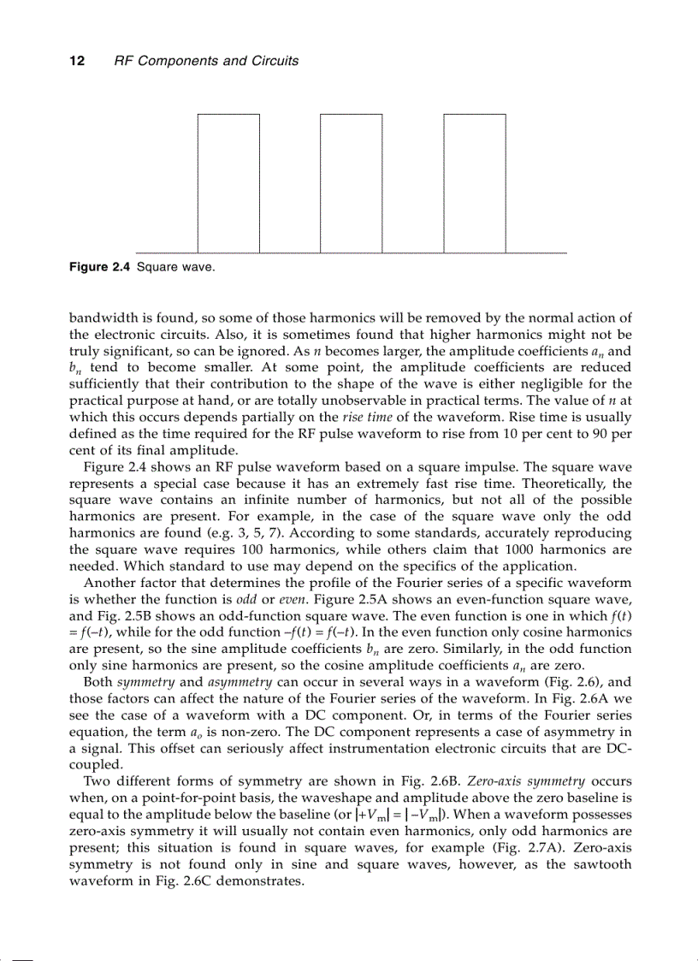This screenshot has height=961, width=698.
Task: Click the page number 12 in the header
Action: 74,61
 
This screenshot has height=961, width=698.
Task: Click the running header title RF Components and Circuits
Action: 206,61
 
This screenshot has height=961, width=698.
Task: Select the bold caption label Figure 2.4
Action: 99,268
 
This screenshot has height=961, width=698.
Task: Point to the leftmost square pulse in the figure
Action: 228,183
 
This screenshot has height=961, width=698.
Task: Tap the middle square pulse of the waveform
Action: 351,183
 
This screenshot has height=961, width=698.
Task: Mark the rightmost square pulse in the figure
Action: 474,183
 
